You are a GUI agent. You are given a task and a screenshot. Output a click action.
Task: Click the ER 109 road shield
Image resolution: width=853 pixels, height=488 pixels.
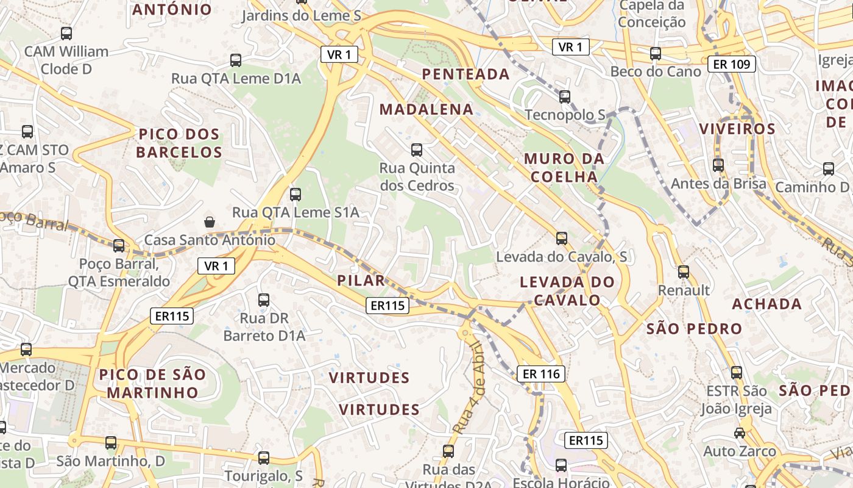[732, 63]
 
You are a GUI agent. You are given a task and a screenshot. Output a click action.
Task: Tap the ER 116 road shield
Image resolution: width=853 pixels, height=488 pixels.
[541, 374]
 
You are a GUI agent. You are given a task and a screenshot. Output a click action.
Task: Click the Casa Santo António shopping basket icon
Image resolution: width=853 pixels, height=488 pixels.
[210, 221]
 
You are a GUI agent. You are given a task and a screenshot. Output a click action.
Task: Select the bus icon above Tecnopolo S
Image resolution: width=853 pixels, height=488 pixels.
[565, 96]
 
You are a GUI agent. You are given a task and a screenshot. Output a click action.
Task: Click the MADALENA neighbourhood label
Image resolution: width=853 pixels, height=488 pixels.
[426, 109]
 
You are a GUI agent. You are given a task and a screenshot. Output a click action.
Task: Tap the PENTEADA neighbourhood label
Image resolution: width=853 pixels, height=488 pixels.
[466, 74]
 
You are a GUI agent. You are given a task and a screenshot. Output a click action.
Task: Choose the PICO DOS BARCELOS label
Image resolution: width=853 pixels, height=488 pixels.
[179, 143]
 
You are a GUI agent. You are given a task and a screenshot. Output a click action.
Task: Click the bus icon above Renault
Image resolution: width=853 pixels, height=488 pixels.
[684, 272]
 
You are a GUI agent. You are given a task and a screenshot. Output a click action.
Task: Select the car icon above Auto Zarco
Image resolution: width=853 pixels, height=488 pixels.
[739, 433]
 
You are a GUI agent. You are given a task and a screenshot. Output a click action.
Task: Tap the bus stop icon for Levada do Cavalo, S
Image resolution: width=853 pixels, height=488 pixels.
[562, 238]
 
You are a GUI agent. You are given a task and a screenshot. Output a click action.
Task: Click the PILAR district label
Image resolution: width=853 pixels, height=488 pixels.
[361, 281]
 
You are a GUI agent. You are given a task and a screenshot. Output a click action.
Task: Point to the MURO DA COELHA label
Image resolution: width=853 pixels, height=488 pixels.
[564, 168]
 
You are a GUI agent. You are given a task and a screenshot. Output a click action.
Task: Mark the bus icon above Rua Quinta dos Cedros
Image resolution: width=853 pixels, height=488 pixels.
[417, 149]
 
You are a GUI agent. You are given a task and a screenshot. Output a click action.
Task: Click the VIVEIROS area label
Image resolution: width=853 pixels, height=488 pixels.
[737, 129]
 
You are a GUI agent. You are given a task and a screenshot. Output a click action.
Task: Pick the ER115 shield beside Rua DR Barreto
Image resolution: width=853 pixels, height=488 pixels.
[172, 315]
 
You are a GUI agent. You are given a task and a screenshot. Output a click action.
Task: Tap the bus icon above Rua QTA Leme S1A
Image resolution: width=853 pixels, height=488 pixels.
[296, 195]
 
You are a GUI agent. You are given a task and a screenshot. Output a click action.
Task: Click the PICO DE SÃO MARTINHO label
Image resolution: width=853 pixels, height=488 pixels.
[152, 383]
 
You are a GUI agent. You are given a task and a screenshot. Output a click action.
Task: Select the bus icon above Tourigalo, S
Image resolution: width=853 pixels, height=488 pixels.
[264, 457]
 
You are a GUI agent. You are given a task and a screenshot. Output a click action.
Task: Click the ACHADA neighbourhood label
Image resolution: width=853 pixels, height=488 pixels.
[766, 304]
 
